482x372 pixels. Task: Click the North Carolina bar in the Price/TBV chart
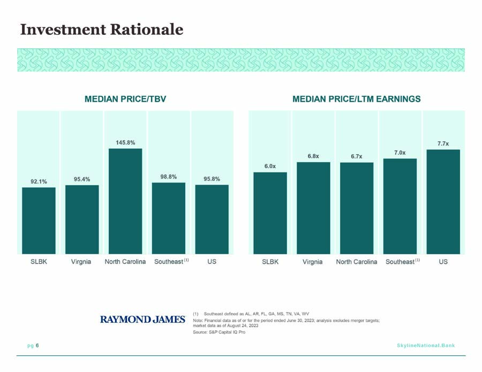[125, 201]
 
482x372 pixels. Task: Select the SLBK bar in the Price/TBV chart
[39, 221]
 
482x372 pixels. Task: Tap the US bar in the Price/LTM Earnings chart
[443, 202]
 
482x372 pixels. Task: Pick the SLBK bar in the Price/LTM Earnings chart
[270, 213]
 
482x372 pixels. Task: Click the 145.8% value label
[125, 142]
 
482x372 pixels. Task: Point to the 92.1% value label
[39, 181]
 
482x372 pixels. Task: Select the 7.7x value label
[443, 143]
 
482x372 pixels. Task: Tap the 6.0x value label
[270, 166]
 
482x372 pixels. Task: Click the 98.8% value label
[169, 177]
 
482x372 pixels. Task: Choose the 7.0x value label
[400, 153]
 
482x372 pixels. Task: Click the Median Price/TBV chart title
[125, 99]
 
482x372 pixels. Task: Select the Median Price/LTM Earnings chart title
[357, 99]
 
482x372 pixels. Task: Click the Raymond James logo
[142, 320]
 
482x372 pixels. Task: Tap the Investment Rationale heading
[102, 29]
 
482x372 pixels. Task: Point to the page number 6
[37, 345]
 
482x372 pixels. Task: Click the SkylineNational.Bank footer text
[426, 345]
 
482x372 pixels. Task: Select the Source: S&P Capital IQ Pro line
[219, 332]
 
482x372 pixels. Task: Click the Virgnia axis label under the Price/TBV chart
[81, 262]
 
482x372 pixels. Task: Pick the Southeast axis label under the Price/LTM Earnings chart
[403, 261]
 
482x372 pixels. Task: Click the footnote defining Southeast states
[251, 314]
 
